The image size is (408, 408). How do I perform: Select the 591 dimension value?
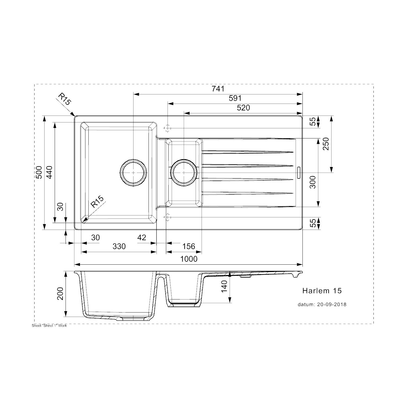click(x=235, y=98)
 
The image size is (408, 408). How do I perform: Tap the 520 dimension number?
click(x=243, y=108)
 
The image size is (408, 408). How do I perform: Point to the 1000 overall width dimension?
click(x=189, y=259)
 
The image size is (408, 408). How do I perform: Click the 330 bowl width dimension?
click(x=119, y=246)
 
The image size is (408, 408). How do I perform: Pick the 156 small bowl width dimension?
click(x=188, y=246)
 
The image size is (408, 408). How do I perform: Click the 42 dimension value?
click(x=142, y=238)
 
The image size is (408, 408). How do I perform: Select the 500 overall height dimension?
click(x=39, y=172)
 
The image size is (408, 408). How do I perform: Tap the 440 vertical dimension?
click(x=50, y=172)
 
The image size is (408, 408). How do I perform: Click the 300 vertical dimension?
click(x=313, y=182)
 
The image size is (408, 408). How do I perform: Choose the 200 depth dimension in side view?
click(x=60, y=294)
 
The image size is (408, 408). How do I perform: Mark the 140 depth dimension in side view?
click(x=224, y=286)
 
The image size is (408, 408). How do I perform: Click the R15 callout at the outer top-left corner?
click(x=64, y=99)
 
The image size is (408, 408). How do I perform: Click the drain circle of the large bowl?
click(x=133, y=172)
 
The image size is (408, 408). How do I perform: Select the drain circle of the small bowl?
click(x=184, y=172)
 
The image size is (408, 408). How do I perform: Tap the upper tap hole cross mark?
click(x=168, y=128)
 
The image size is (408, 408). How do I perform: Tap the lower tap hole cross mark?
click(x=168, y=217)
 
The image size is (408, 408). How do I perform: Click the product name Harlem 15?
click(x=322, y=291)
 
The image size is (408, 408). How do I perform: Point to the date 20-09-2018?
click(x=332, y=305)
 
